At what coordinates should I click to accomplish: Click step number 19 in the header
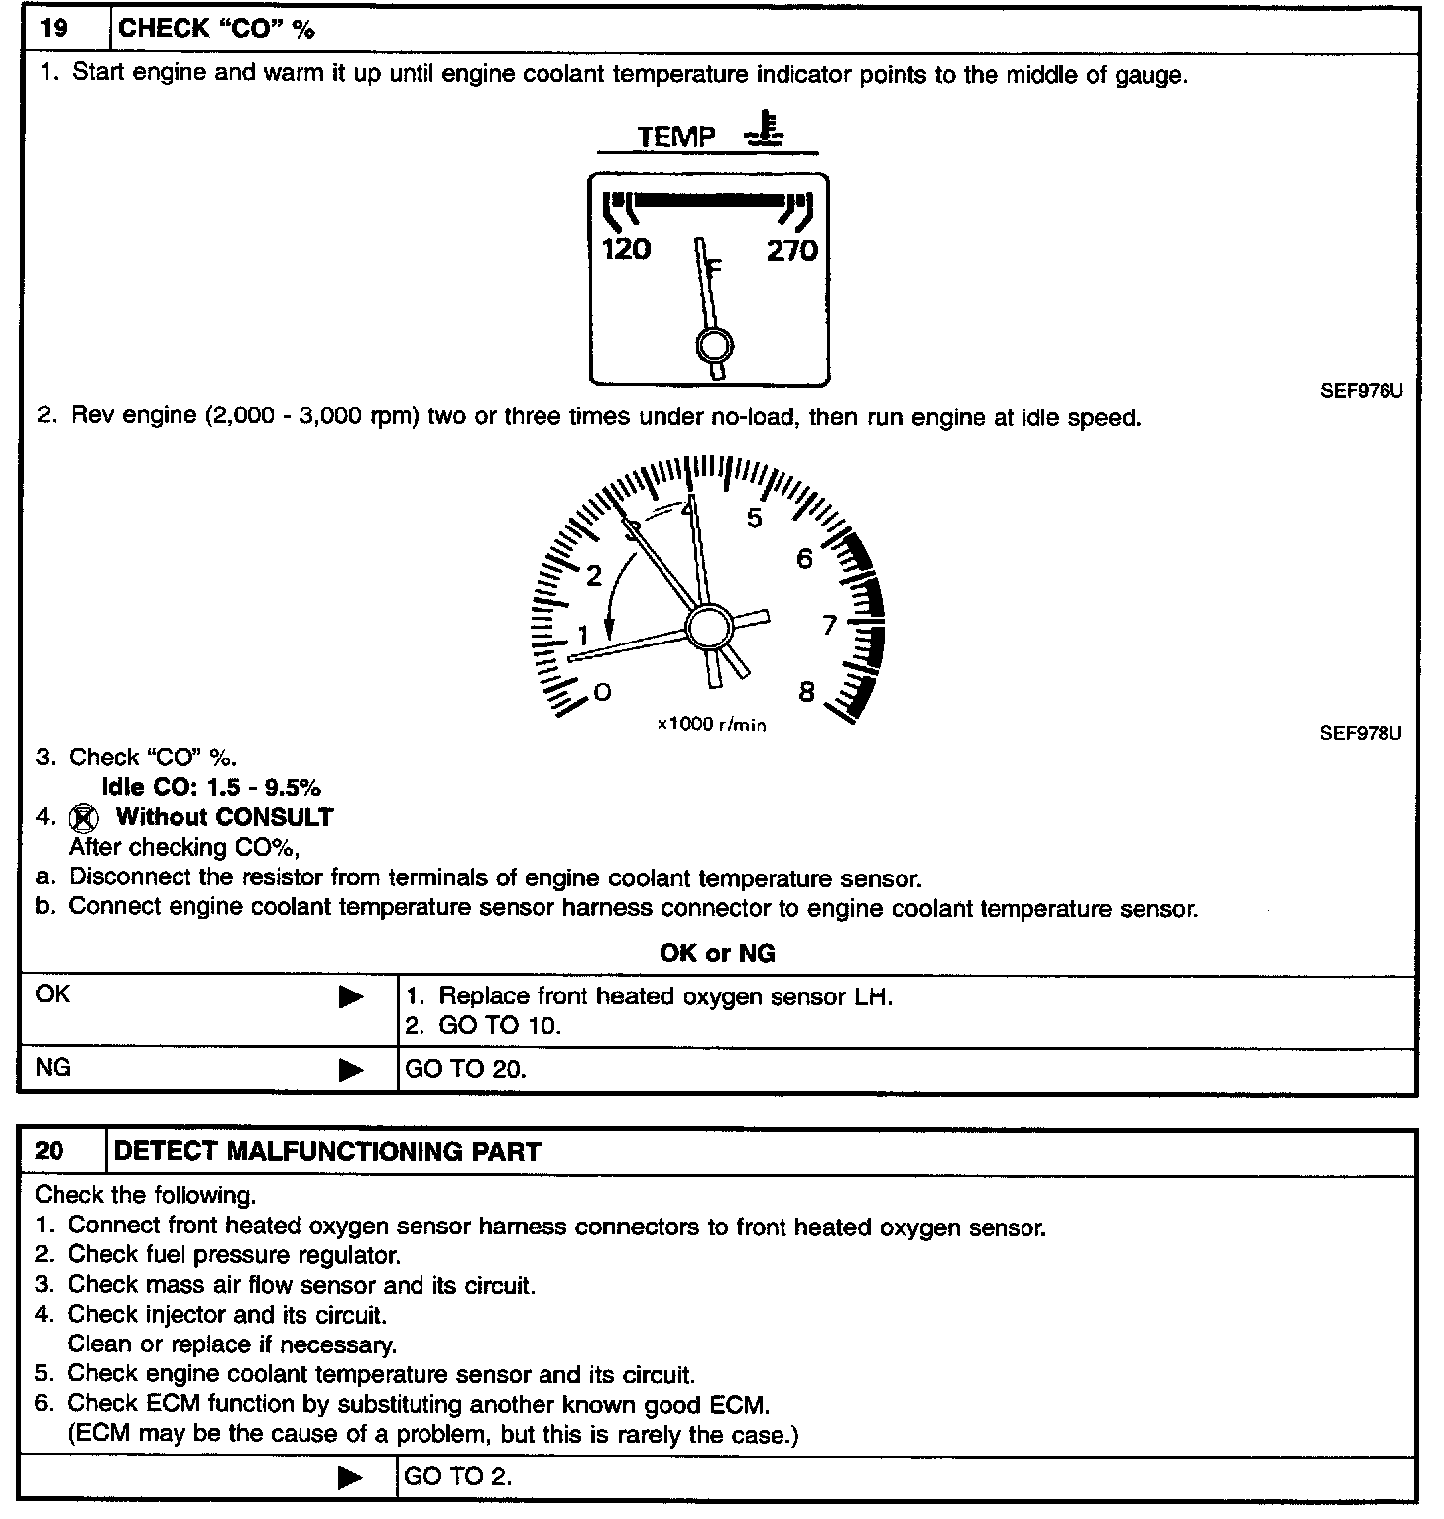(x=54, y=28)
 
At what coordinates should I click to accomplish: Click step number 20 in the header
(x=51, y=1151)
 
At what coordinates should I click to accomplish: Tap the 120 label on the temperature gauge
(x=626, y=249)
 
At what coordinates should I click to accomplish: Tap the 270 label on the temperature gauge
(x=791, y=251)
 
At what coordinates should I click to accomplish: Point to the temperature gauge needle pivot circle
(x=715, y=347)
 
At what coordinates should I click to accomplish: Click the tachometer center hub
(x=708, y=627)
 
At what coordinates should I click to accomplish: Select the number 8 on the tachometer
(x=806, y=692)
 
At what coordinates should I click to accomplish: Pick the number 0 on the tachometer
(x=602, y=692)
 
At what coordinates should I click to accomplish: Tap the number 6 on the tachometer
(x=804, y=560)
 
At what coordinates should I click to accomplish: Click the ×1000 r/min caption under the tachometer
(x=711, y=725)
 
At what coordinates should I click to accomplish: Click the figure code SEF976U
(x=1361, y=391)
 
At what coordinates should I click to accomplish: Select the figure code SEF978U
(x=1361, y=734)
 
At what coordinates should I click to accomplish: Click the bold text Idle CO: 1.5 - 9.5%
(x=211, y=788)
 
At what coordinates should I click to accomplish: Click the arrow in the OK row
(x=351, y=997)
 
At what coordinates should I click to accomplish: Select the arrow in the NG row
(x=351, y=1070)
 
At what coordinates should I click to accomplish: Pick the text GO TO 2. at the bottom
(x=458, y=1476)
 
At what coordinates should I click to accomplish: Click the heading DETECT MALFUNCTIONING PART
(x=328, y=1152)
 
